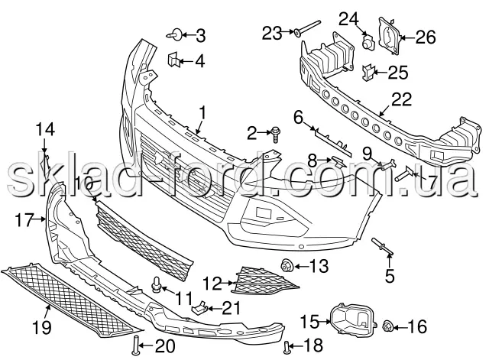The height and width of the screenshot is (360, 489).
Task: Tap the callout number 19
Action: pyautogui.click(x=41, y=329)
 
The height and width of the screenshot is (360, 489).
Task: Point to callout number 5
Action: pyautogui.click(x=390, y=272)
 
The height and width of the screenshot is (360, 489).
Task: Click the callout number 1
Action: pyautogui.click(x=202, y=113)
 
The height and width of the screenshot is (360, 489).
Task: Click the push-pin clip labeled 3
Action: pyautogui.click(x=176, y=34)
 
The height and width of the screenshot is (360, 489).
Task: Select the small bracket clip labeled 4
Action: pyautogui.click(x=173, y=59)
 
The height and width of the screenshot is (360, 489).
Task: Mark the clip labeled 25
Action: pyautogui.click(x=368, y=73)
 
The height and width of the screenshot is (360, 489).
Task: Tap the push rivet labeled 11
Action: pyautogui.click(x=157, y=287)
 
